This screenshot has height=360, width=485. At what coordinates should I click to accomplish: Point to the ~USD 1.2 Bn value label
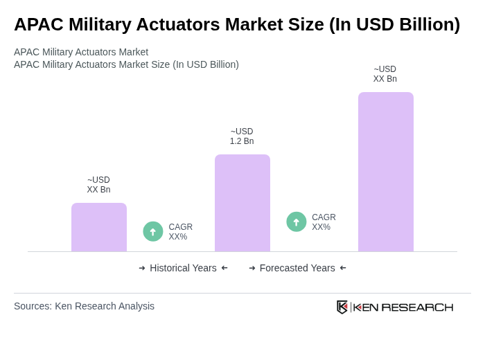click(x=242, y=136)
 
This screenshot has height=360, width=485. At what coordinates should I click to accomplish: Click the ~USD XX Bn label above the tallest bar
click(x=385, y=74)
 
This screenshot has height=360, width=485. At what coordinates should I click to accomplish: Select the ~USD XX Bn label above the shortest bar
click(x=98, y=185)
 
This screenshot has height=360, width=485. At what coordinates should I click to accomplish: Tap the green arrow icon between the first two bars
click(x=153, y=231)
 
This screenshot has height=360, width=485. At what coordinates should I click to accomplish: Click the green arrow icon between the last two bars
click(x=297, y=222)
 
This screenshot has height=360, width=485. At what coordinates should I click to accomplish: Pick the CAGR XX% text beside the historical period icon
click(x=180, y=232)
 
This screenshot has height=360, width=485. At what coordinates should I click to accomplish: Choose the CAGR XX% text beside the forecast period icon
click(x=324, y=222)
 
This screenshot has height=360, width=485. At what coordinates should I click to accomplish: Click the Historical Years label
click(x=183, y=268)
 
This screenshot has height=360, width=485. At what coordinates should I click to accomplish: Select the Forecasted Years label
click(x=297, y=268)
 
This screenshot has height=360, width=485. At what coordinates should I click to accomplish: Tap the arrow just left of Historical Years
click(x=142, y=268)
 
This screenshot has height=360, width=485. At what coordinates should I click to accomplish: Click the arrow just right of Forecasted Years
click(x=343, y=268)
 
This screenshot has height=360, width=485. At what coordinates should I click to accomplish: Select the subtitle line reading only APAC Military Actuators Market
click(x=81, y=52)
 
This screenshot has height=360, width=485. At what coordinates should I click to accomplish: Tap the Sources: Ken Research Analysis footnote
click(x=84, y=306)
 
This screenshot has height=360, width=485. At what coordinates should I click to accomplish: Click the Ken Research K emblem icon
click(x=342, y=307)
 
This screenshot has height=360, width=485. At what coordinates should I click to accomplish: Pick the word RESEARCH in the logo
click(x=417, y=307)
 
